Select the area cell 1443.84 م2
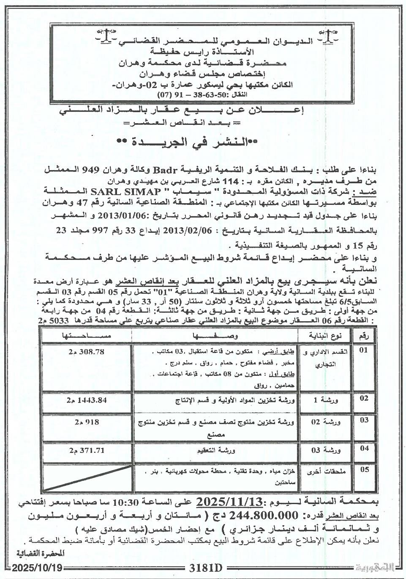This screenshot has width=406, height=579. (x=85, y=399)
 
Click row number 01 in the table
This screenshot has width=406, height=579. (x=363, y=350)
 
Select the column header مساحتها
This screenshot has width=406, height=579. (x=87, y=336)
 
